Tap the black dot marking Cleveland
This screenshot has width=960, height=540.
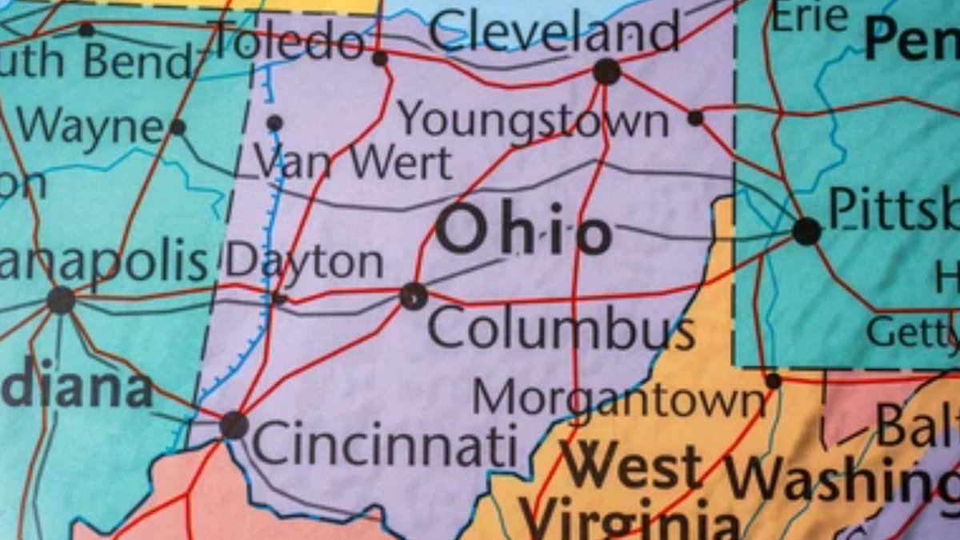coord(606,72)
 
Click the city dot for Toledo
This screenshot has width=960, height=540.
coord(380,58)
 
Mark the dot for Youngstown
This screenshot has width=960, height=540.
coord(695,118)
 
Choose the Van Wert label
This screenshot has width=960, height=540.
coord(354,162)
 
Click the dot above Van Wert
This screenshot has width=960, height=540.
coord(274,123)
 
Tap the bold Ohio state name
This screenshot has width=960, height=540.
coord(524,230)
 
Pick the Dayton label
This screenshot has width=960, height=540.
coord(304,262)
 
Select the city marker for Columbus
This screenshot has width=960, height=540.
coord(413,296)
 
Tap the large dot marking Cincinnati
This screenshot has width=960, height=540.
coord(234,424)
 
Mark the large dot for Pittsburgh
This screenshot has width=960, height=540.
coord(806,231)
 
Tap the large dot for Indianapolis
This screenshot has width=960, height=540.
coord(61,300)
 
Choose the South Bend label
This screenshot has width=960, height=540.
coord(96,61)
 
